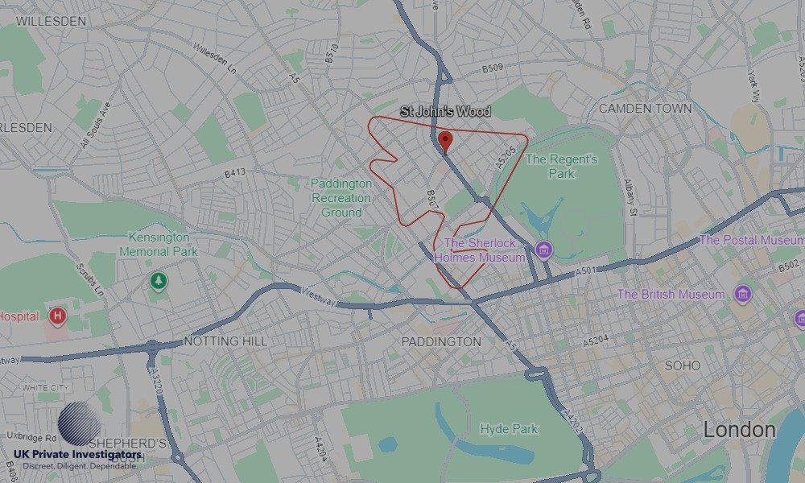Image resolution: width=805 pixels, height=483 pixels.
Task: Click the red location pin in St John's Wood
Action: coord(445,142)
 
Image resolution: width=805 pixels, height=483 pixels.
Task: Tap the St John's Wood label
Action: coord(445,112)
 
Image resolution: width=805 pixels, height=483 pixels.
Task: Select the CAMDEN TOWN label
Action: coord(645,108)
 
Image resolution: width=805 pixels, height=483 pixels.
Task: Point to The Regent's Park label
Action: coord(561,166)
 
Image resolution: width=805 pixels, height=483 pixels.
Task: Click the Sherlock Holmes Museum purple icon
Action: coord(543,250)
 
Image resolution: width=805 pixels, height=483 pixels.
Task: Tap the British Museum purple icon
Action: coord(742,294)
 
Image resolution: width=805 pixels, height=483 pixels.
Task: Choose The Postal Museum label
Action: coord(751,240)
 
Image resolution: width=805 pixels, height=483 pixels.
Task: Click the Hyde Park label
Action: coord(509,429)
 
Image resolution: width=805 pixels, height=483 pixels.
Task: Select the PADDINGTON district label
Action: coord(441,341)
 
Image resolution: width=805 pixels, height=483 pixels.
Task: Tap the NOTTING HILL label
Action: coord(225,341)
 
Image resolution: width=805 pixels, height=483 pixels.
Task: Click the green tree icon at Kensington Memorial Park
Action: coord(159,281)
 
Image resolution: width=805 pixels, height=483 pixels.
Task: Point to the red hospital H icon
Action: coord(56,316)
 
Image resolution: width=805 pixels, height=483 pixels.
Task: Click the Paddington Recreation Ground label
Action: coord(341,198)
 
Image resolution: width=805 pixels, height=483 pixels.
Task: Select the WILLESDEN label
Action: coord(51,22)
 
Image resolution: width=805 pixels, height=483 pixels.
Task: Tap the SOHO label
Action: coord(682,365)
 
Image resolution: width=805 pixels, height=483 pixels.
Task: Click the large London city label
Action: coord(739,430)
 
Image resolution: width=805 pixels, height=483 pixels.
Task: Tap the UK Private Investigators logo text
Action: coord(77,456)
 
